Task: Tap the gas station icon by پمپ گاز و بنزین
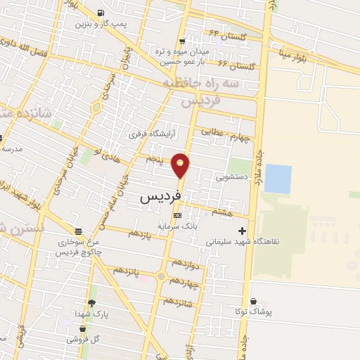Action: point(102,13)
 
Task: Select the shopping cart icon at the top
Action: point(184,41)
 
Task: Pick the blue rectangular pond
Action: point(277,179)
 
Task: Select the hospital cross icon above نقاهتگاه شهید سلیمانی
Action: point(243,230)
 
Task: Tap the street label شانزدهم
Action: point(178,301)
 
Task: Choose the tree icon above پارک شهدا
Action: point(91,303)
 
